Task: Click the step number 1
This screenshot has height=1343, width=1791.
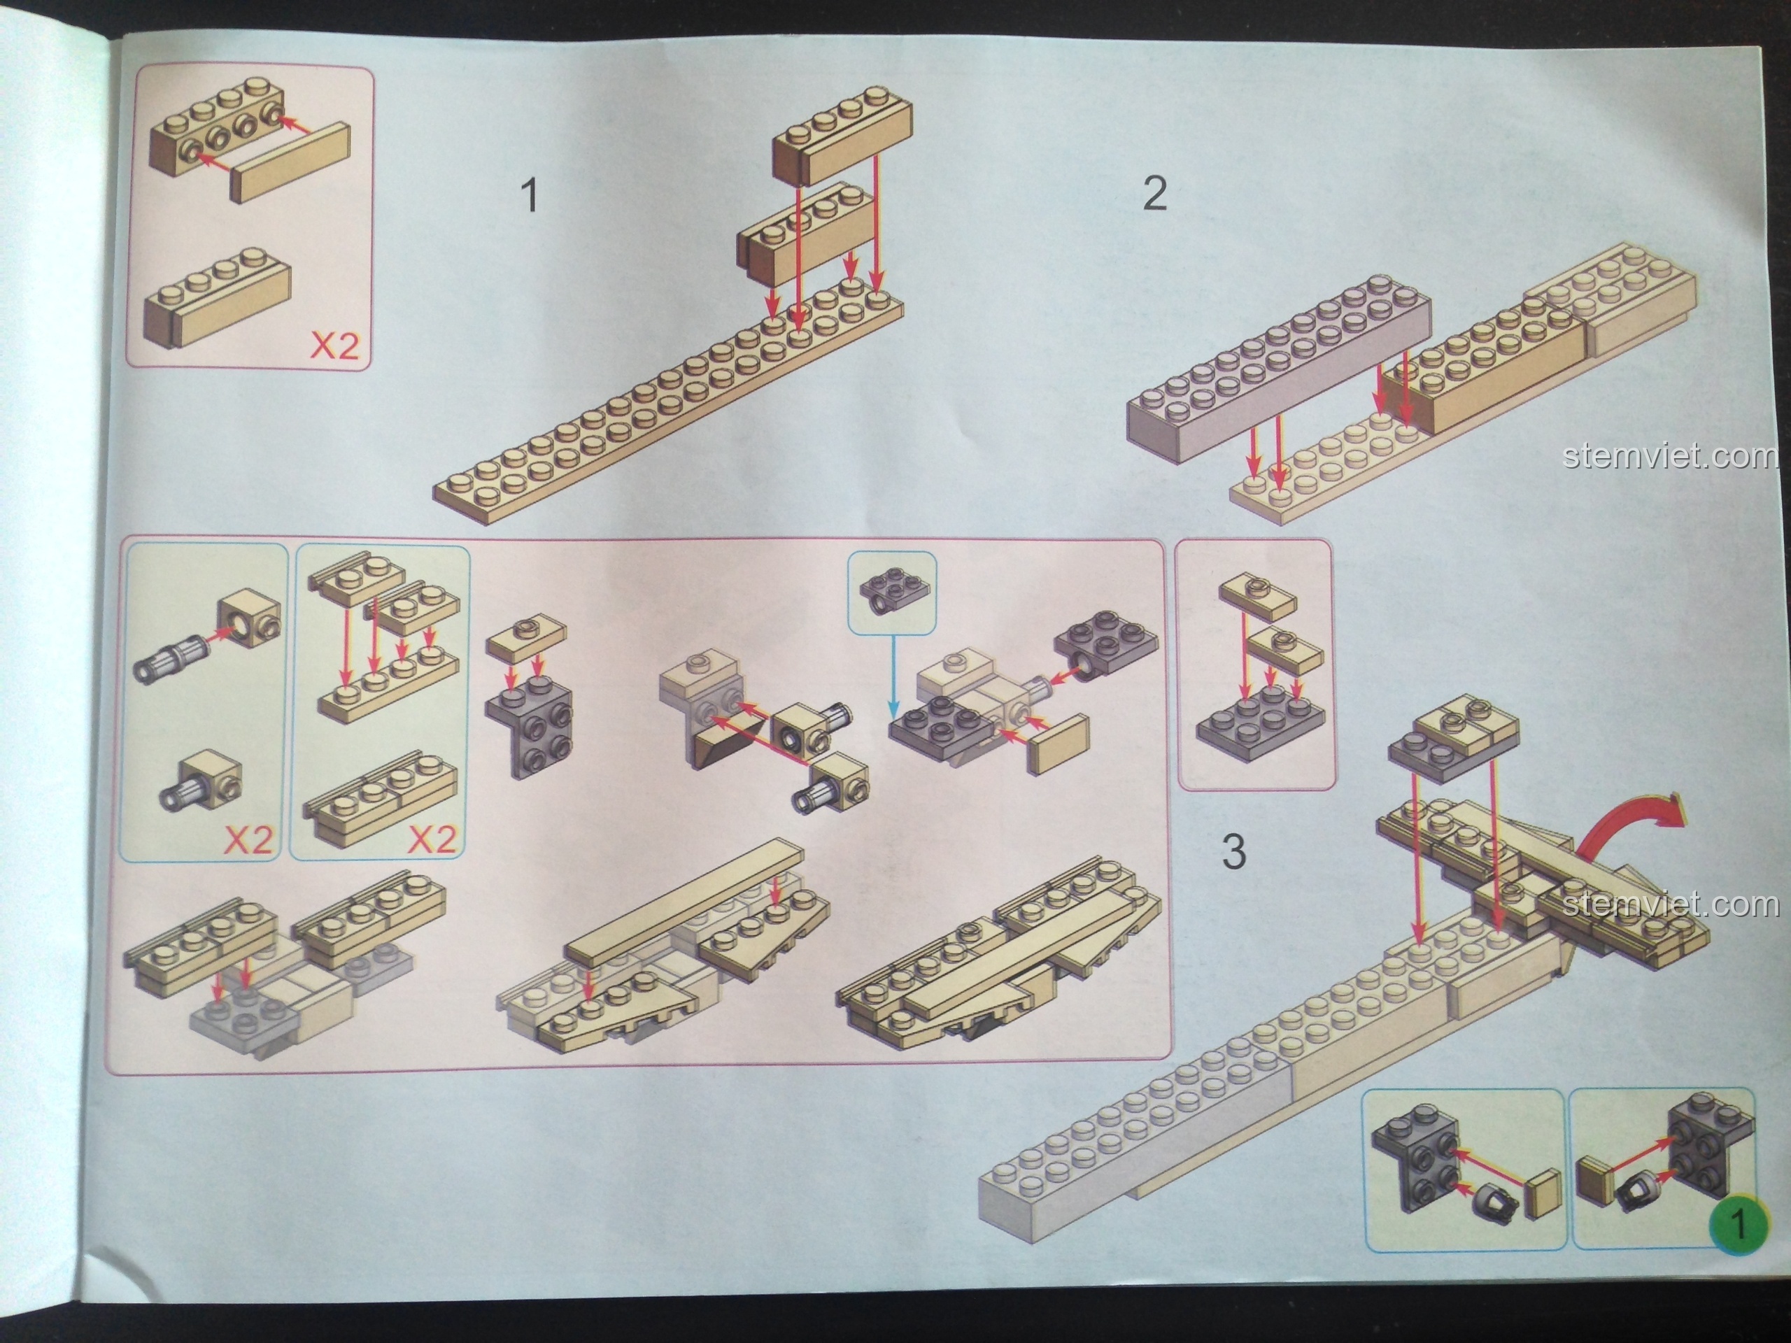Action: coord(530,196)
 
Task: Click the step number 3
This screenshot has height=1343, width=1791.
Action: coord(1233,852)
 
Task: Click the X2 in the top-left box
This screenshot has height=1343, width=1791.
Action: coord(334,346)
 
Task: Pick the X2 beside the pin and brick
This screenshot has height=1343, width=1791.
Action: coord(248,840)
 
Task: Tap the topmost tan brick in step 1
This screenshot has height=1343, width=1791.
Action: coord(842,142)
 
